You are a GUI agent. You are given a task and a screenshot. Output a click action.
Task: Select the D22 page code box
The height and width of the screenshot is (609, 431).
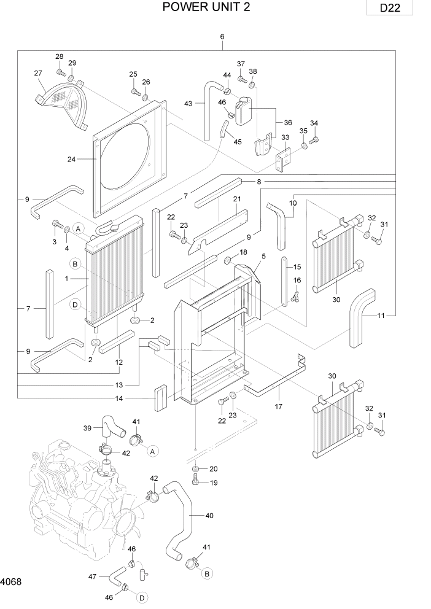pyautogui.click(x=387, y=9)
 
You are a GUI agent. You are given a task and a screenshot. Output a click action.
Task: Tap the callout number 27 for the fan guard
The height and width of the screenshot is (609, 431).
pyautogui.click(x=38, y=72)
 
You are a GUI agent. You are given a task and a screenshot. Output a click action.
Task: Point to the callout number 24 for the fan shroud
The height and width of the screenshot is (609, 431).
pyautogui.click(x=72, y=160)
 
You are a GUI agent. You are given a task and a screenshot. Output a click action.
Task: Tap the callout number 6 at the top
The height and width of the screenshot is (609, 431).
pyautogui.click(x=222, y=36)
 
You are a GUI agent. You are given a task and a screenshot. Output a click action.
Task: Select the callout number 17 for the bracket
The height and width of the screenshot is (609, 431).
pyautogui.click(x=278, y=406)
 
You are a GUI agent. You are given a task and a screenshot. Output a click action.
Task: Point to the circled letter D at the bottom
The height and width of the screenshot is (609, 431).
pyautogui.click(x=142, y=597)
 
